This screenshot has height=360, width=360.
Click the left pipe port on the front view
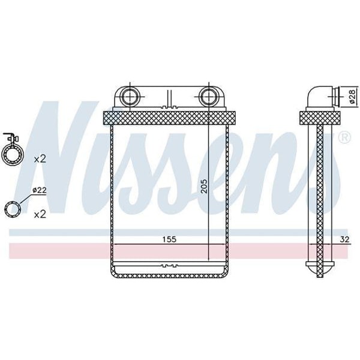click(x=129, y=96)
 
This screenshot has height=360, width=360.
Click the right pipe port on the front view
click(x=209, y=96)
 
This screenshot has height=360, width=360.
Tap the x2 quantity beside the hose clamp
click(x=40, y=159)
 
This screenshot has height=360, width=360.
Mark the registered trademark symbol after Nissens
click(x=344, y=138)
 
